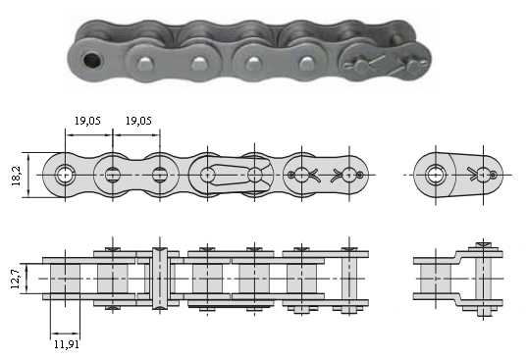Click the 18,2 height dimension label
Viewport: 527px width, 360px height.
16,176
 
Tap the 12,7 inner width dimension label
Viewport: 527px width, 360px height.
16,279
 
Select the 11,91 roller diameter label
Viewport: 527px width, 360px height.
67,344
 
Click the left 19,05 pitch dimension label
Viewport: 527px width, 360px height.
87,121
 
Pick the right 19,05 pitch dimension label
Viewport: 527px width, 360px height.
138,121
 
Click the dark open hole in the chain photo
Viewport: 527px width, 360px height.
92,60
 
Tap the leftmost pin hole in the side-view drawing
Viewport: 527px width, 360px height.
65,176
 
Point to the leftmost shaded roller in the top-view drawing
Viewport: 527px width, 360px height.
65,279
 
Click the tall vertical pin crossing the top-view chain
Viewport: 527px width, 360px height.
160,279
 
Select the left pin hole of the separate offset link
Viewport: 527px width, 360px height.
436,176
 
